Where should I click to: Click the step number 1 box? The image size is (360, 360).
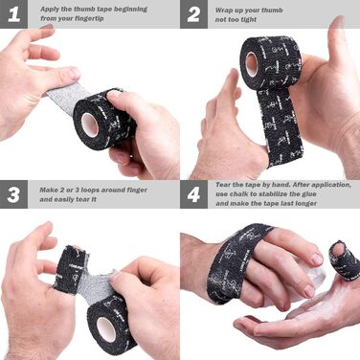[x=14, y=14]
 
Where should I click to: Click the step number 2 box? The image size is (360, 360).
[x=194, y=14]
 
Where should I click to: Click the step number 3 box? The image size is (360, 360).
[x=14, y=194]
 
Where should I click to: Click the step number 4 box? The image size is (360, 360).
[x=194, y=194]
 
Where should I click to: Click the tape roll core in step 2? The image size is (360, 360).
[x=252, y=64]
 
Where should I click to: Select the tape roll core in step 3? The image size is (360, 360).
[x=105, y=329]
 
